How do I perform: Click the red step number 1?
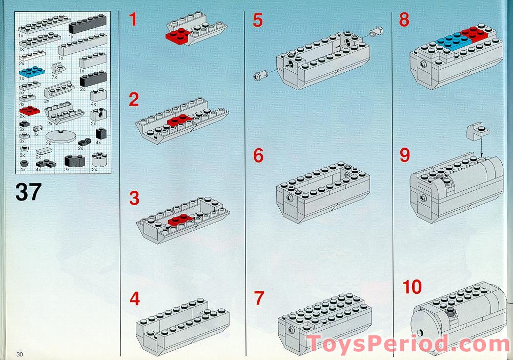pos(133,19)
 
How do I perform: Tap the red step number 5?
pos(257,20)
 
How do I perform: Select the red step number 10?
pos(412,287)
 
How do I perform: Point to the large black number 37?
pos(29,192)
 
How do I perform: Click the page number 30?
pos(19,354)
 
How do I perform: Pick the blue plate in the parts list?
pos(32,71)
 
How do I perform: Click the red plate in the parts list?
pos(29,110)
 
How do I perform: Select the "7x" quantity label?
pos(55,77)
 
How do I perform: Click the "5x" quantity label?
pos(22,93)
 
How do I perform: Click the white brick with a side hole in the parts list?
pos(98,115)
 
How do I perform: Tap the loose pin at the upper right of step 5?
pos(376,32)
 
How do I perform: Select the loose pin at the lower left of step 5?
pos(260,75)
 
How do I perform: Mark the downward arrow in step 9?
pos(481,147)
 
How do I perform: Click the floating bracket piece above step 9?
pos(477,131)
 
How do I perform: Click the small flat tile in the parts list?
pos(44,151)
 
